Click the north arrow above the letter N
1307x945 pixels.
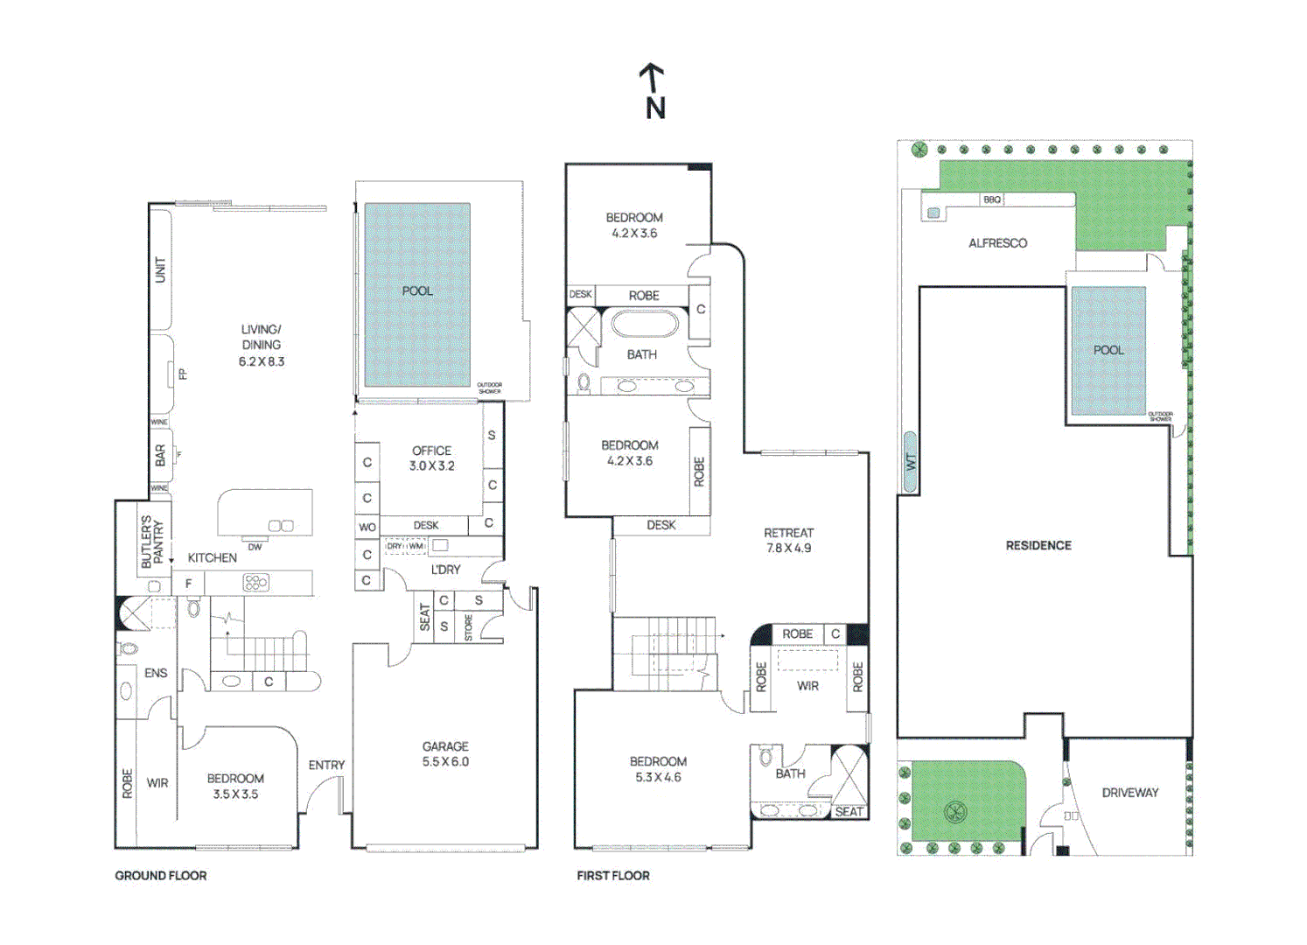point(651,77)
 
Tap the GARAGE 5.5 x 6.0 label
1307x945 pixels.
point(445,753)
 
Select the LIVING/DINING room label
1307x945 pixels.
point(261,345)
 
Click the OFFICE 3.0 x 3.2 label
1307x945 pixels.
point(431,458)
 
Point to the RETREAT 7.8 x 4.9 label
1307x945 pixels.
point(788,540)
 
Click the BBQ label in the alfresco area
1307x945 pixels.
point(991,199)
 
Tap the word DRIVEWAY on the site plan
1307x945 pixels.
point(1129,793)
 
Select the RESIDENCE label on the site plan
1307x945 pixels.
point(1038,545)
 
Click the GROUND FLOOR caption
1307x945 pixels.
point(161,875)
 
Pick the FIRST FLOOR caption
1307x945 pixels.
point(613,875)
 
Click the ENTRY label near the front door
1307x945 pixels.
point(326,765)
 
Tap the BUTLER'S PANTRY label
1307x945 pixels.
point(152,542)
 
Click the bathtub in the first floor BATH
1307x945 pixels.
point(645,324)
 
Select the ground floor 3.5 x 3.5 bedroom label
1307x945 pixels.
point(235,786)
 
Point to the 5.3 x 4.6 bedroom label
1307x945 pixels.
point(658,769)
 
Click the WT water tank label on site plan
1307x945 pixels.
point(910,461)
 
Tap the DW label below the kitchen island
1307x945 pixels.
point(255,547)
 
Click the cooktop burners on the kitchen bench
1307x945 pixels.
point(255,582)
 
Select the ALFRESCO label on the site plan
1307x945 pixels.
point(997,243)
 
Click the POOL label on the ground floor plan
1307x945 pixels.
point(417,290)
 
